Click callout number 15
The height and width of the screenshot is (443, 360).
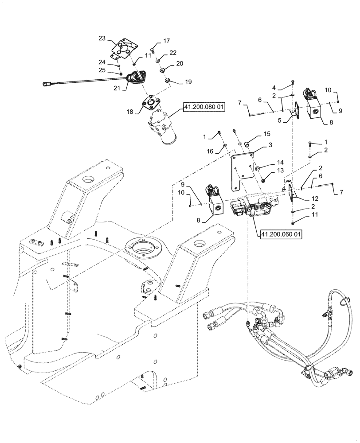pos(266,134)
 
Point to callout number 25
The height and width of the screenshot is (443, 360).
pos(102,70)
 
